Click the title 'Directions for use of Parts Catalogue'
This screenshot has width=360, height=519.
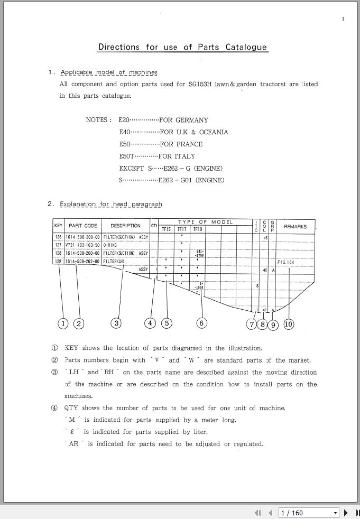pos(182,47)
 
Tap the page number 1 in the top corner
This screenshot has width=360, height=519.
pos(343,19)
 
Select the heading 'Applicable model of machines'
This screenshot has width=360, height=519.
pos(109,72)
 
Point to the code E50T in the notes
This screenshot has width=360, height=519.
pos(127,156)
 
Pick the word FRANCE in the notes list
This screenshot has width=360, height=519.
pos(189,144)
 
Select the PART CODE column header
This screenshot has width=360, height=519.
pos(83,226)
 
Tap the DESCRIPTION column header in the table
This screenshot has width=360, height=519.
pos(125,226)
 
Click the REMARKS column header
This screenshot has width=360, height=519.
pos(295,226)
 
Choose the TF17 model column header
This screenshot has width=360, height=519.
pos(182,229)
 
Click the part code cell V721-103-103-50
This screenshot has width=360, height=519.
pos(82,246)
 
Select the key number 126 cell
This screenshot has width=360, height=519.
pos(58,238)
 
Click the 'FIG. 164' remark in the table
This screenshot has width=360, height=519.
pos(285,262)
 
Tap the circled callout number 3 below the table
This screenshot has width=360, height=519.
pos(116,323)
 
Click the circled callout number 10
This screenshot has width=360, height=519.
pos(289,324)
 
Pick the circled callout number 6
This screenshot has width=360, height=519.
pos(201,323)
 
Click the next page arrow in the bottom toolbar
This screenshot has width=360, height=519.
pos(346,513)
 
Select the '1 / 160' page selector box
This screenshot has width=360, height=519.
pos(309,513)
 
